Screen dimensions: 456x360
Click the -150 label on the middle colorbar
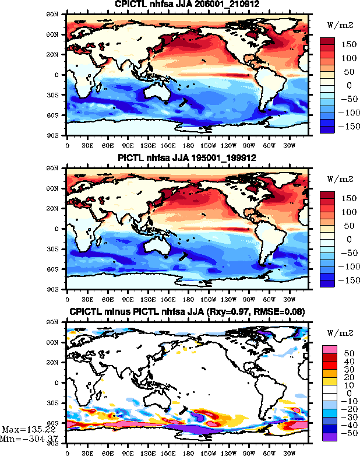coord(346,279)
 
